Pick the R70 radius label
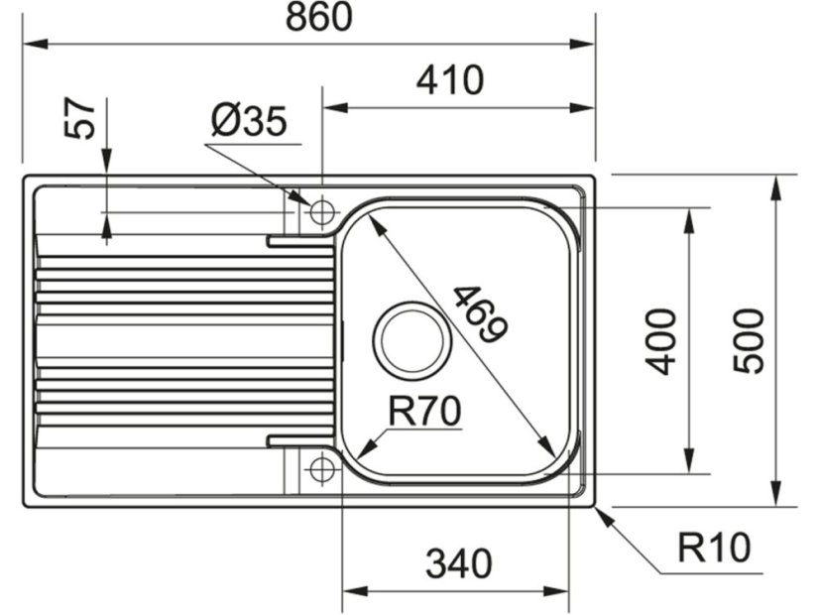[x=424, y=410]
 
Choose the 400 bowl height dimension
[x=661, y=340]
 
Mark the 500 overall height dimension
[x=750, y=340]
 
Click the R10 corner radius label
[x=714, y=547]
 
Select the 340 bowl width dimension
[x=458, y=564]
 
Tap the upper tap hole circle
[x=322, y=212]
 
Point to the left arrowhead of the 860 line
[x=31, y=44]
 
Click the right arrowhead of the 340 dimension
[x=562, y=590]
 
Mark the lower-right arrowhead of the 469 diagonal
[x=549, y=448]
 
